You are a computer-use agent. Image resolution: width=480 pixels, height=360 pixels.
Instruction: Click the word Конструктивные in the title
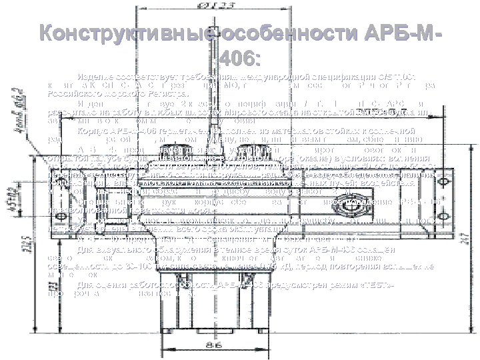113,34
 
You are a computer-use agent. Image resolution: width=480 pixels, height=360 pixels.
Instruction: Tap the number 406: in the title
240,59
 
